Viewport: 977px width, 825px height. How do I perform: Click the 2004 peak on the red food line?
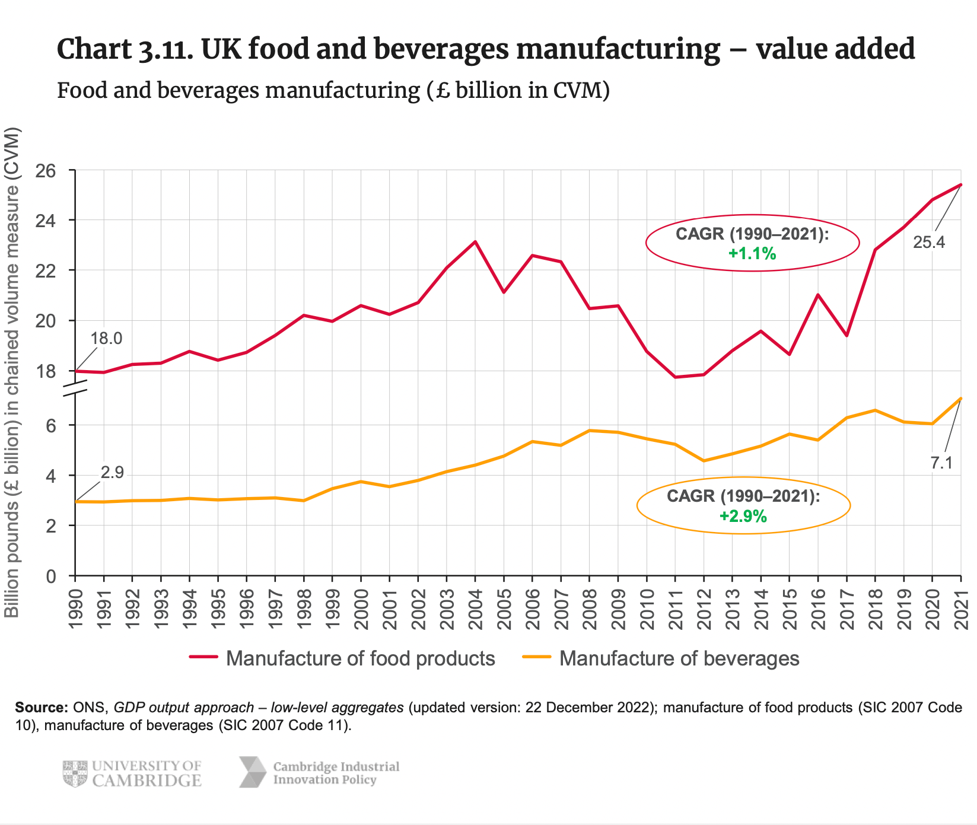[x=475, y=242]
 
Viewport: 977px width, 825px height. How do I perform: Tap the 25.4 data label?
[x=928, y=243]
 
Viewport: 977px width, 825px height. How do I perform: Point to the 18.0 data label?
[x=106, y=339]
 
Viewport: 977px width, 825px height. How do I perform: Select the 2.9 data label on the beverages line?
[x=112, y=473]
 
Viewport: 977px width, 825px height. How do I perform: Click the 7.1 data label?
[x=941, y=463]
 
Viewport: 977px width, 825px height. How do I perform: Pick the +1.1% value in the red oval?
[x=752, y=254]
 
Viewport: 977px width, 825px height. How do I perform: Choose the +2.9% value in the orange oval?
[x=743, y=517]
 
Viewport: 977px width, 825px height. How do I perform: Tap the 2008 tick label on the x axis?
[x=590, y=610]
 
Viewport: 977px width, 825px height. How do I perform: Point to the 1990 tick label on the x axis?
[x=75, y=610]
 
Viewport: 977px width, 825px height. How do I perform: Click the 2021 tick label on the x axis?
[x=961, y=610]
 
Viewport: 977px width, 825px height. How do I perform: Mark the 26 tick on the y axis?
[x=47, y=171]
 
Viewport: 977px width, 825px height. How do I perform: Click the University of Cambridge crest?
[x=75, y=773]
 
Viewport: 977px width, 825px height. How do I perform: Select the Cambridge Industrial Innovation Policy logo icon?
[x=253, y=772]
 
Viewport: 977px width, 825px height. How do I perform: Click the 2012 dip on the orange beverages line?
[x=704, y=461]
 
